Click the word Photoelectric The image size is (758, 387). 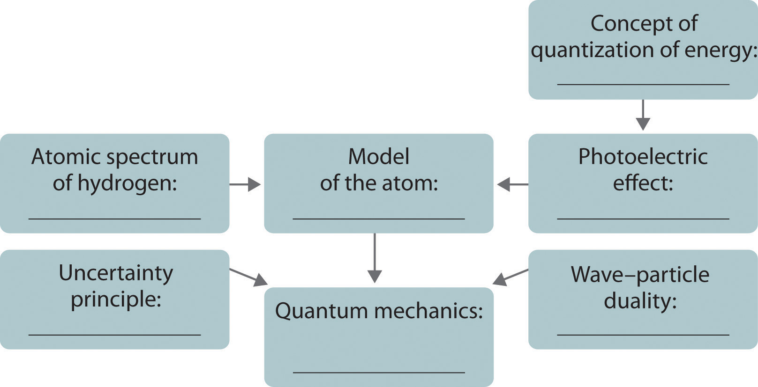coord(643,157)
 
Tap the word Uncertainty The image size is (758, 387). coord(116,273)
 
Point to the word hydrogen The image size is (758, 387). coord(127,183)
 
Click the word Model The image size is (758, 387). coord(379,157)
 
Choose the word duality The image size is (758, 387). coord(640,300)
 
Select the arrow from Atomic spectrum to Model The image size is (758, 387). coord(245,184)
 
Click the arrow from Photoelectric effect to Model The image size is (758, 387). coord(512,184)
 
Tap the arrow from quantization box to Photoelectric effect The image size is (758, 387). coord(643,115)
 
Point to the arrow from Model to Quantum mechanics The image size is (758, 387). coord(375,258)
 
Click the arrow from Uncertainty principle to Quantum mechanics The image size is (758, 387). coord(248,277)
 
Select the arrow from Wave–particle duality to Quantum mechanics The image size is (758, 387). coord(510,277)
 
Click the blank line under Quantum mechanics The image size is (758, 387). coord(379,372)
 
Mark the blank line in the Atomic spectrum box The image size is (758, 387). coord(115,219)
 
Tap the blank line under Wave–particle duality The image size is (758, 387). coord(643,335)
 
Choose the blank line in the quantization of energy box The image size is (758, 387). coord(643,85)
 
